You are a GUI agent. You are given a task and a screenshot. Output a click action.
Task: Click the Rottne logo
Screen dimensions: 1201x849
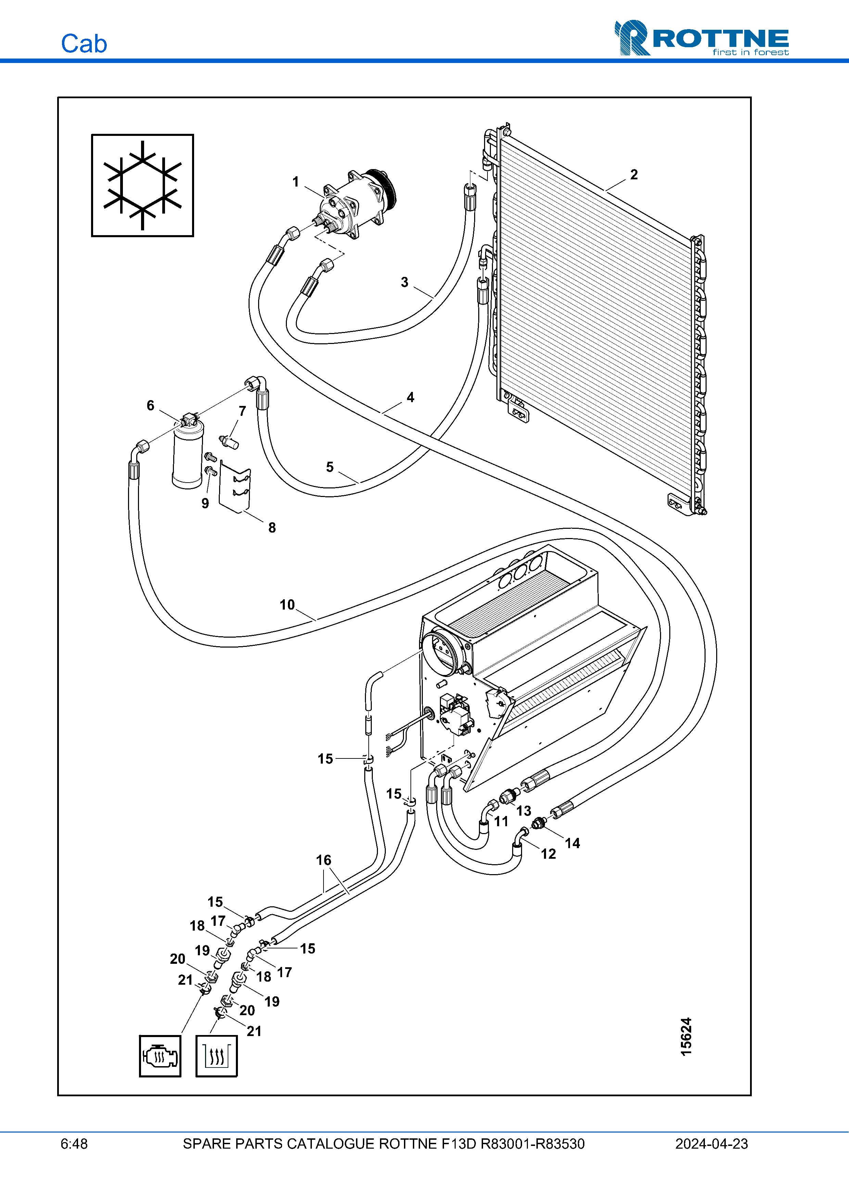tap(701, 38)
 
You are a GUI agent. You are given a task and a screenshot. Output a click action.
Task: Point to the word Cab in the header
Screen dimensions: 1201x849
tap(84, 44)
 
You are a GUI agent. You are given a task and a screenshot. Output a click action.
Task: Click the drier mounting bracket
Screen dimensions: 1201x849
tap(235, 486)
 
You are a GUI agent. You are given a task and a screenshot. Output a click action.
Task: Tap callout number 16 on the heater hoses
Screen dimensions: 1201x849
tap(323, 860)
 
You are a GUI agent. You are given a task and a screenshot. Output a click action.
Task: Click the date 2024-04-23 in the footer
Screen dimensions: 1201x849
tap(711, 1143)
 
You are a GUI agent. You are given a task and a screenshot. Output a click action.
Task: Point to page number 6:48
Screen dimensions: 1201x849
tap(74, 1143)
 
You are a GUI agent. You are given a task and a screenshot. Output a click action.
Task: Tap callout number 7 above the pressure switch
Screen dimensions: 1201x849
tap(242, 411)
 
